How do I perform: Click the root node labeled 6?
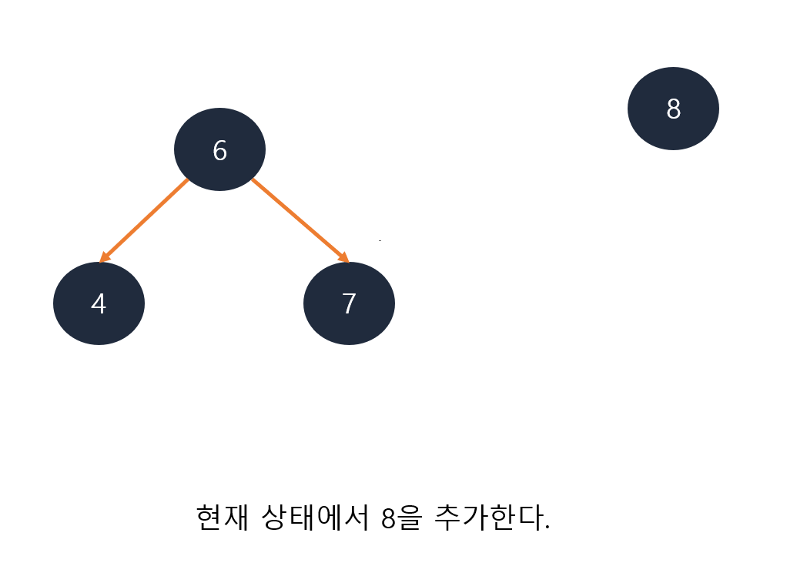(219, 149)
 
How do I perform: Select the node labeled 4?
(99, 303)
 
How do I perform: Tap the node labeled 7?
(349, 303)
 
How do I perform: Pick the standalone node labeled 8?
(673, 109)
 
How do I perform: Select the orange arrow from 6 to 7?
(299, 219)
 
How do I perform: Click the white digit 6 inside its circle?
(219, 151)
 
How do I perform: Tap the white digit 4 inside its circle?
(99, 304)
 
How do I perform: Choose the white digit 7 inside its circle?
(349, 304)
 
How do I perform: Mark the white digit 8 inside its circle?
(673, 109)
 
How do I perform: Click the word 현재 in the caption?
(223, 517)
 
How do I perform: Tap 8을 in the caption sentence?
(401, 518)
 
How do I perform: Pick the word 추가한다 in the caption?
(487, 517)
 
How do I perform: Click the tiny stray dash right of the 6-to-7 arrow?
(380, 241)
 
